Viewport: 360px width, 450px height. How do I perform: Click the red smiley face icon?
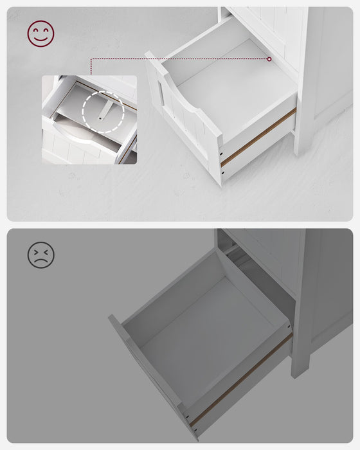point(40,33)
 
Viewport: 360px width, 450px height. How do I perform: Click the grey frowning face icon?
point(40,255)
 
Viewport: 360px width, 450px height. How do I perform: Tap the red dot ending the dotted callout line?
point(269,59)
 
